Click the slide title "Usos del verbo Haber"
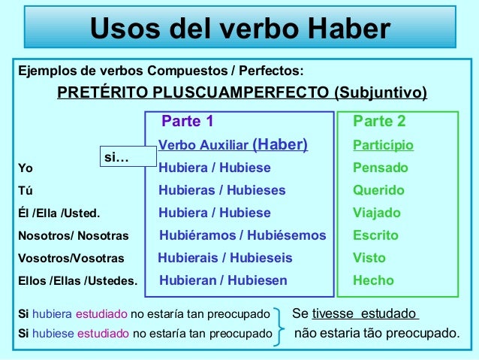coord(240,29)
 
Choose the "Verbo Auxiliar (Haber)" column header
coord(233,145)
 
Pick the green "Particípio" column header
coord(383,145)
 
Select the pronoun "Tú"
coord(25,191)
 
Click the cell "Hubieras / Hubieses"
coord(222,190)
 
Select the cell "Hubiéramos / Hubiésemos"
coord(243,235)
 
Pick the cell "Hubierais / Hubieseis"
coord(225,258)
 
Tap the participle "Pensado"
coord(381,168)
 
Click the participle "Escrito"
coord(375,235)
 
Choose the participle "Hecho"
coord(373,280)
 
